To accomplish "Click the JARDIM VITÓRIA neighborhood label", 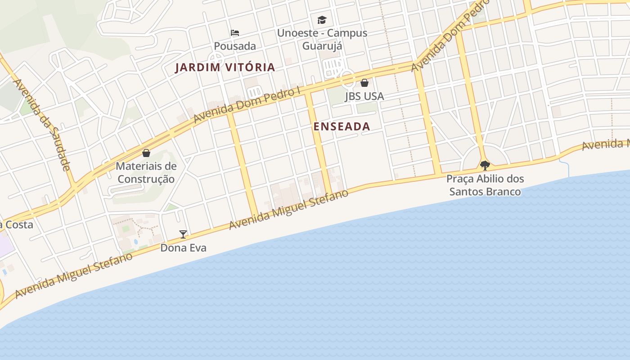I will [x=225, y=67].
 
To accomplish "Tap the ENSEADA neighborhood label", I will [x=342, y=127].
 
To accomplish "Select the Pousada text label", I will [x=235, y=46].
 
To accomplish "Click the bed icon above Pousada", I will [x=235, y=33].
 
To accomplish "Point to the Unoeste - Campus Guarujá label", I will [x=322, y=39].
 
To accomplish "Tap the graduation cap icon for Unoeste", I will [x=322, y=20].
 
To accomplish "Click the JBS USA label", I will [x=364, y=96].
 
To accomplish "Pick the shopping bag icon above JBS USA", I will [x=364, y=83].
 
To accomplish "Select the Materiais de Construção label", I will [x=146, y=172].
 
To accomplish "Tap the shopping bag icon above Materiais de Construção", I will [x=146, y=153].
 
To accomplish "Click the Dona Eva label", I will [x=184, y=248].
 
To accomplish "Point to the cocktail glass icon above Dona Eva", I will [x=183, y=234].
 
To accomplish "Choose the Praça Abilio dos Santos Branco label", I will [x=485, y=185].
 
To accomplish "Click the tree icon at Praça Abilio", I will [x=485, y=166].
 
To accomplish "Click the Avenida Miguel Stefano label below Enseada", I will [x=288, y=210].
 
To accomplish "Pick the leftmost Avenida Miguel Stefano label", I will [x=74, y=275].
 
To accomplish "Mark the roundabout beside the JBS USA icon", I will [x=348, y=79].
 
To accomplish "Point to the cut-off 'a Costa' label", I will [x=17, y=225].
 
